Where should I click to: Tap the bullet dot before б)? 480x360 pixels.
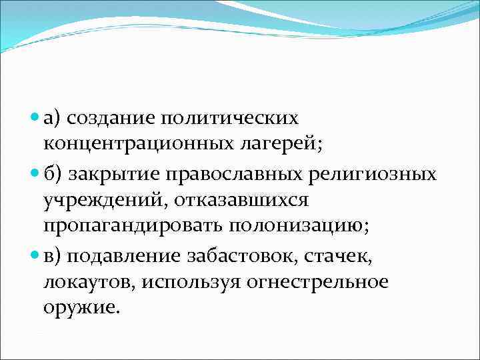tap(35, 175)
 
